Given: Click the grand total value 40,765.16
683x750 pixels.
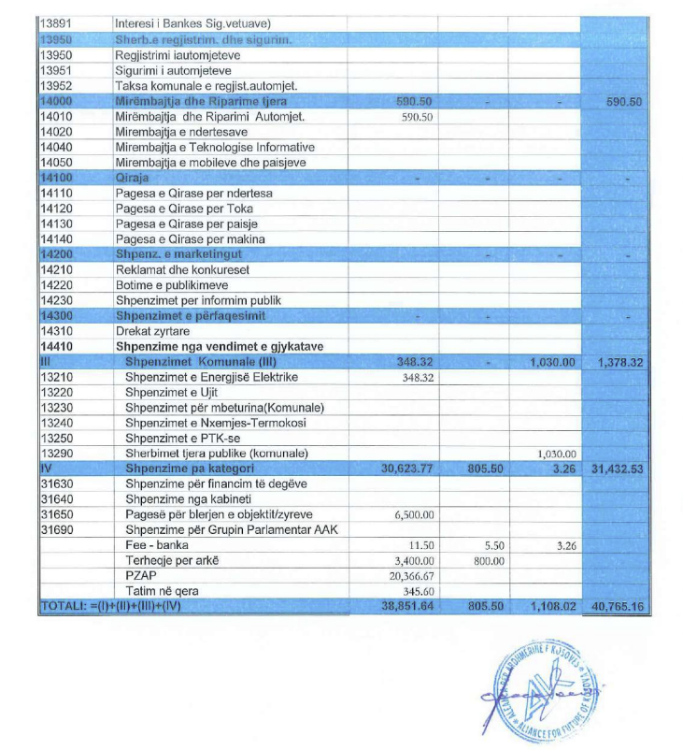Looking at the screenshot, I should point(618,606).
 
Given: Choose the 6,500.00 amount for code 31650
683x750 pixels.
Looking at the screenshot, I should point(412,514).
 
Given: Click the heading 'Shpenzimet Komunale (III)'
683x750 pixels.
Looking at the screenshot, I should point(201,361).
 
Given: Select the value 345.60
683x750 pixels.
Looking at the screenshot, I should point(418,591).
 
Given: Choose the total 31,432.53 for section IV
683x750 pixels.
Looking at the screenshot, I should point(618,469).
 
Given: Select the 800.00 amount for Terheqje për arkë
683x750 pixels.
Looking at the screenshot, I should point(486,560).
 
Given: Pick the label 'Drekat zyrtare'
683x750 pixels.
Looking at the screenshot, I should point(151,331).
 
